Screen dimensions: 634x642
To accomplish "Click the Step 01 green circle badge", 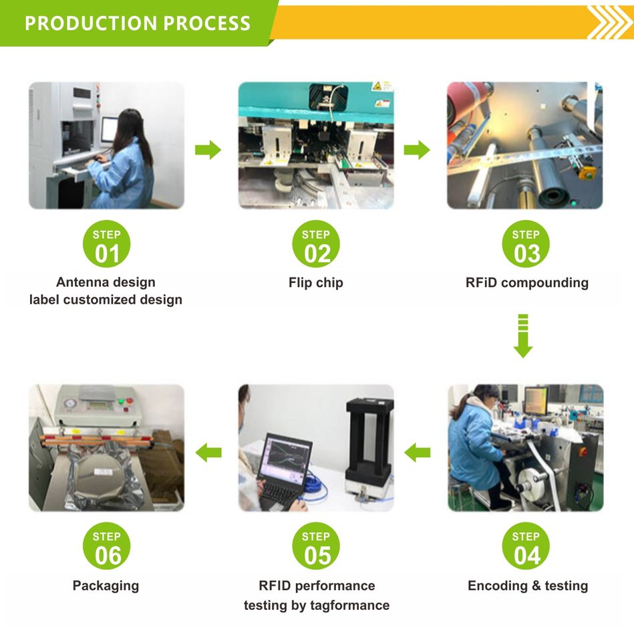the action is tap(106, 244).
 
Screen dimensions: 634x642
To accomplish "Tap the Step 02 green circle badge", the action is tap(316, 244).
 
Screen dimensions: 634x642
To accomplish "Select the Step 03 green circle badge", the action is tap(526, 244).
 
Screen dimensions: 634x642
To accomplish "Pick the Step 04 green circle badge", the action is tap(526, 546).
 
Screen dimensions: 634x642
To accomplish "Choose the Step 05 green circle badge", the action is tap(316, 546).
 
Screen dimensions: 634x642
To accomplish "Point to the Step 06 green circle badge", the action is tap(106, 546).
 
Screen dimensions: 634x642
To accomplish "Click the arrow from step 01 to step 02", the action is tap(208, 150).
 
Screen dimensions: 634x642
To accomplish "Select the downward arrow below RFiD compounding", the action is tap(523, 336).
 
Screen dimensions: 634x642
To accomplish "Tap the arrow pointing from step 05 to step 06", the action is tap(208, 453).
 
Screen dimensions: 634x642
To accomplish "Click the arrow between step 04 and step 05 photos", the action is tap(418, 453).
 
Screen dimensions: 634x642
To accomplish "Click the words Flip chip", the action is tap(316, 282).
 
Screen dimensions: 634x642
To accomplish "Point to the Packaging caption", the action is tap(106, 586).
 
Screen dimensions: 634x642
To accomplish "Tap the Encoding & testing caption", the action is tap(528, 586).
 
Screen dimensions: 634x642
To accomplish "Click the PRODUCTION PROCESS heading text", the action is tap(138, 23).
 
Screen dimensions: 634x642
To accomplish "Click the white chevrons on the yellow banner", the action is tap(610, 23).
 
